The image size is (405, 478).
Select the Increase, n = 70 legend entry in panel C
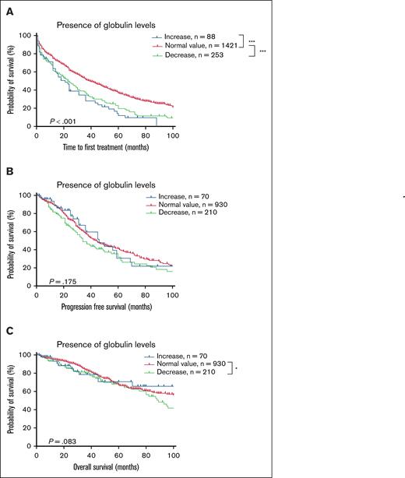(x=189, y=355)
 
